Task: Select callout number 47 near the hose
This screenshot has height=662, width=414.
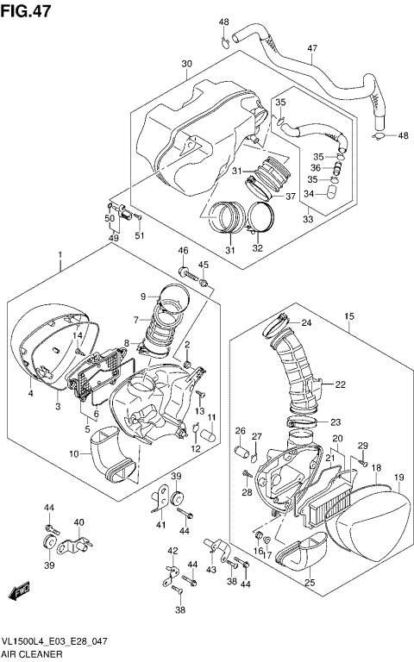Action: pyautogui.click(x=312, y=48)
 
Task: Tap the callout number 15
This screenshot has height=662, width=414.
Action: pyautogui.click(x=348, y=317)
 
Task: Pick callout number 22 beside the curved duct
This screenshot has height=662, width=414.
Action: pyautogui.click(x=340, y=384)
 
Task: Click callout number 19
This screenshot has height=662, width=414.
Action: pyautogui.click(x=398, y=478)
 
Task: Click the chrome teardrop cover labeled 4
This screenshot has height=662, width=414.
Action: pyautogui.click(x=43, y=345)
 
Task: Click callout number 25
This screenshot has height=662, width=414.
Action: pyautogui.click(x=309, y=584)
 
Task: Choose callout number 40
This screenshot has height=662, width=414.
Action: pyautogui.click(x=78, y=522)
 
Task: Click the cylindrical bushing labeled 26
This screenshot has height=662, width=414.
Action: pyautogui.click(x=243, y=451)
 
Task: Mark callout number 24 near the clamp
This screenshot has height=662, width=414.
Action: pyautogui.click(x=306, y=324)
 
